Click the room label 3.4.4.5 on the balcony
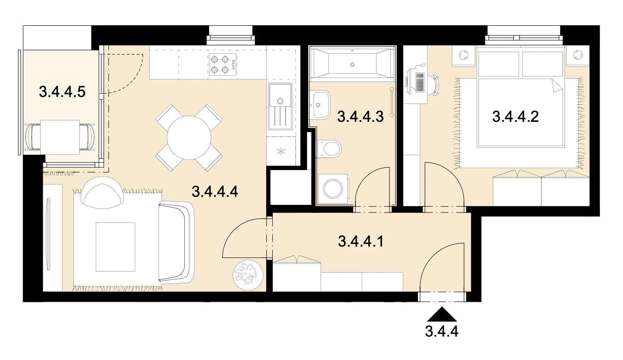62,92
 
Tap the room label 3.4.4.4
215,192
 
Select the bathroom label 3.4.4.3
360,117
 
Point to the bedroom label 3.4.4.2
516,117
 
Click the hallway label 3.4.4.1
361,241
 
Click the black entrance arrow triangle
442,314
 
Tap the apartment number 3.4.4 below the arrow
442,331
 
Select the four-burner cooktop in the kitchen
223,64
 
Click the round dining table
189,138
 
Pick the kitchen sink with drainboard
280,106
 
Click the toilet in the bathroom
328,149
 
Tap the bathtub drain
352,64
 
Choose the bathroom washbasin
321,105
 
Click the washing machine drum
333,189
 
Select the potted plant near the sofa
248,275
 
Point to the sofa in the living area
176,243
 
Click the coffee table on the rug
116,247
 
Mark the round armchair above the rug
102,193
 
